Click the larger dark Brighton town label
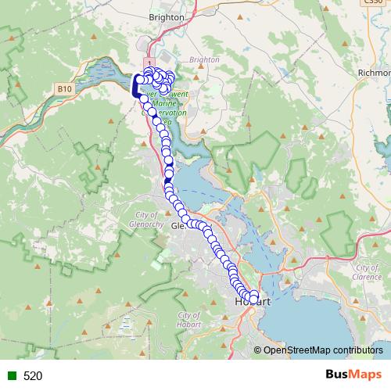pos(166,16)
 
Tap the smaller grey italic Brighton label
pos(203,59)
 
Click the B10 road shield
pos(64,89)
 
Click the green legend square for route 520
pos(9,376)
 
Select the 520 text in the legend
pos(33,376)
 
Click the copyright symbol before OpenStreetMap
pos(257,350)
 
